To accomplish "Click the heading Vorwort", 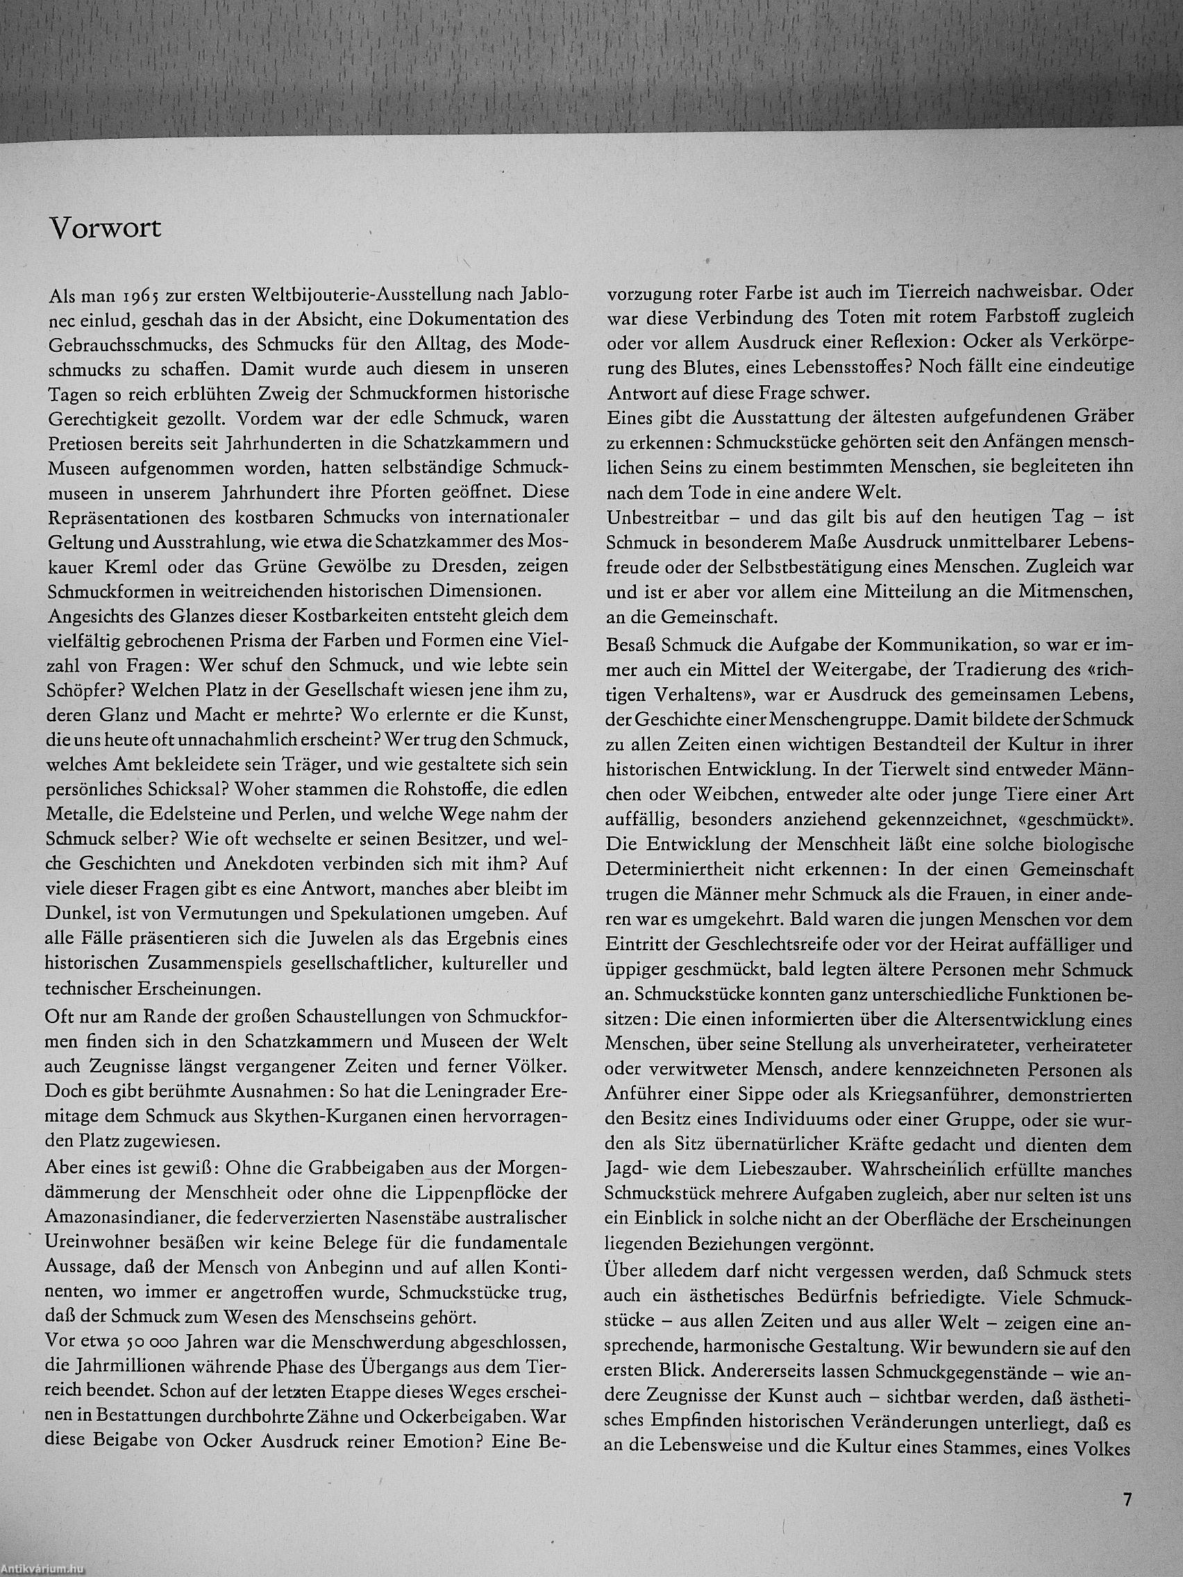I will [106, 228].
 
